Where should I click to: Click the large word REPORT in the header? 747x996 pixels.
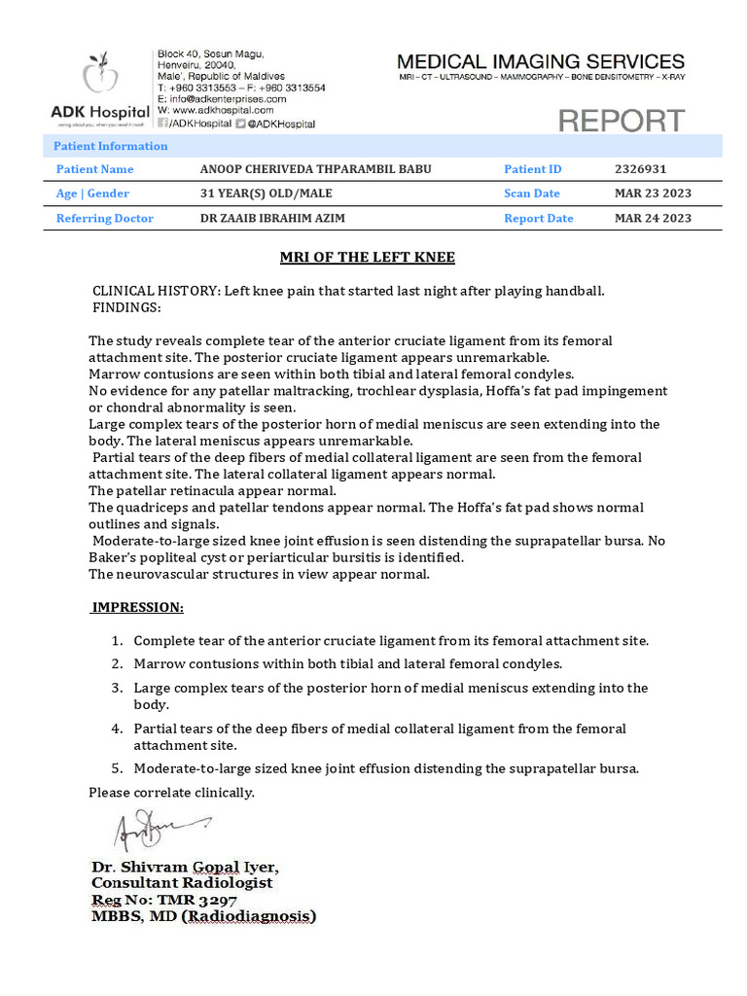621,121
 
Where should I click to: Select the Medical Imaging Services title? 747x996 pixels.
541,60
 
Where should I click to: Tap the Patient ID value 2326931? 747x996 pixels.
641,169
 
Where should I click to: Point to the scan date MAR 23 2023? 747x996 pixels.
653,194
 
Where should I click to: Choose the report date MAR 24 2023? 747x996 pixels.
653,218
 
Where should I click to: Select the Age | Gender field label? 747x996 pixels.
92,194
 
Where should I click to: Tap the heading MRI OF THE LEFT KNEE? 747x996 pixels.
367,258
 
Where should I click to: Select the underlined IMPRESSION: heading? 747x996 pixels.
137,607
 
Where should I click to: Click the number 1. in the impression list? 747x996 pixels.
116,641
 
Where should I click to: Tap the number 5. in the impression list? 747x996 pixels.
116,768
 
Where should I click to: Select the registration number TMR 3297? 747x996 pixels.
194,901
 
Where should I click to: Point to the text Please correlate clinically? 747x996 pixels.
171,793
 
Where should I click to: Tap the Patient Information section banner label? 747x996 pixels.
110,146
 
